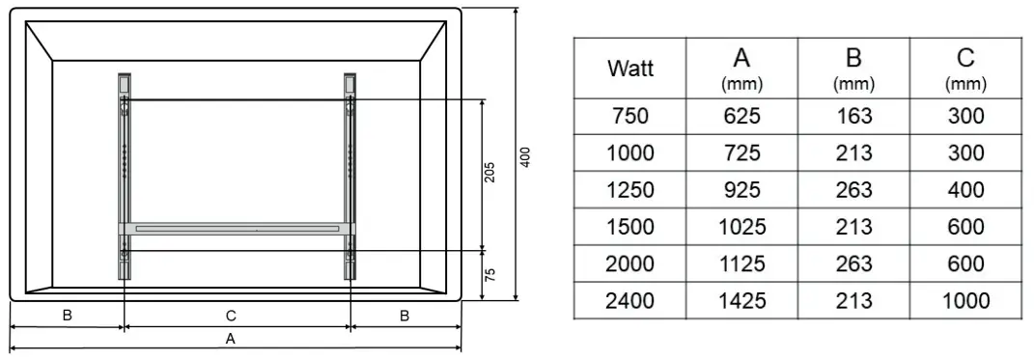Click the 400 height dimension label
pos(525,156)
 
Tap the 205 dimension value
pos(489,172)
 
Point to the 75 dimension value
pos(489,275)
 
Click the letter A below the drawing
pos(230,339)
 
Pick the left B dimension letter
pos(68,316)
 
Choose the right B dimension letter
pos(405,316)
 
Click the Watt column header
pos(630,68)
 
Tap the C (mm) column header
pos(965,69)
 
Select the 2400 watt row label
pos(630,301)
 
